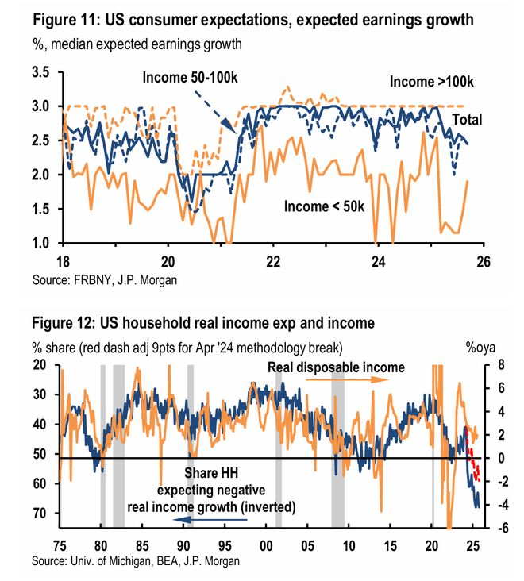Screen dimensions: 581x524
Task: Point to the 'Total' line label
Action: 467,120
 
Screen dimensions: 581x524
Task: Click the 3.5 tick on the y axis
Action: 40,72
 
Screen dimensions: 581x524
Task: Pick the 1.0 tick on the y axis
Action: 40,243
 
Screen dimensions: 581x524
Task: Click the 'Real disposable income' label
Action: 336,367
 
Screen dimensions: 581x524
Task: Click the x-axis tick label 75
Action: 60,545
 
